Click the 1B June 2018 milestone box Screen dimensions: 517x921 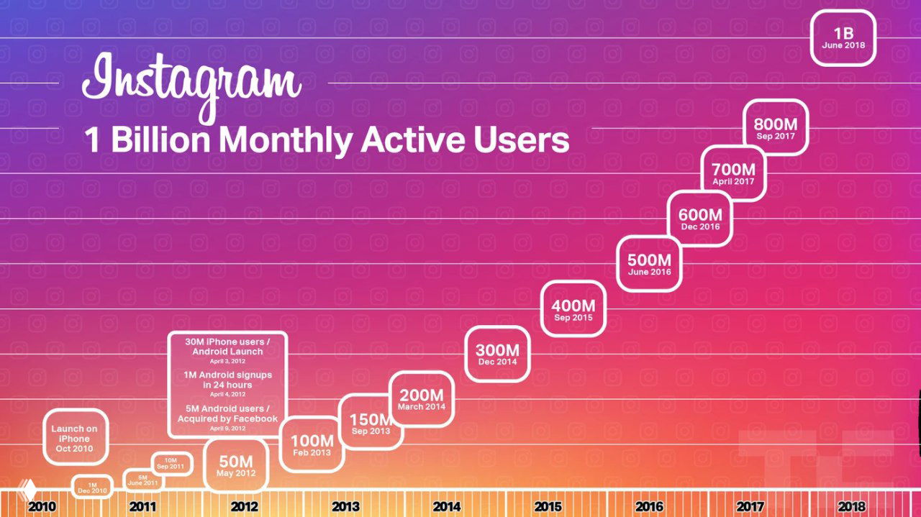(843, 38)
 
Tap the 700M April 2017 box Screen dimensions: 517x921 (733, 173)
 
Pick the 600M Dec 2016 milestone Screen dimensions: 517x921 (700, 219)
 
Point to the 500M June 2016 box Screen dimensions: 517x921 (649, 264)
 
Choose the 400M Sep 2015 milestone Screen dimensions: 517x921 (573, 309)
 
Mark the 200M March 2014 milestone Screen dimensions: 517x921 (422, 399)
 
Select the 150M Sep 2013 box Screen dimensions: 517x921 (371, 422)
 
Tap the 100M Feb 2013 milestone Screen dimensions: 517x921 (311, 444)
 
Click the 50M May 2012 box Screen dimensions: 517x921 (236, 465)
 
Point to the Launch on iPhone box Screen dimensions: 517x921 (75, 438)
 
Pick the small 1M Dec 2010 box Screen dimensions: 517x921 (92, 488)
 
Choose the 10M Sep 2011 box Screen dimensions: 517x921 (171, 464)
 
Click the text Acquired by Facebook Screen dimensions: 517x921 (227, 418)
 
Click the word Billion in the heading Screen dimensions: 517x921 (160, 139)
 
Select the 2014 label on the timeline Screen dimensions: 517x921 (447, 506)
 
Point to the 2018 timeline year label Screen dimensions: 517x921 (852, 506)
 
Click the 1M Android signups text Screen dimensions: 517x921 (227, 375)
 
